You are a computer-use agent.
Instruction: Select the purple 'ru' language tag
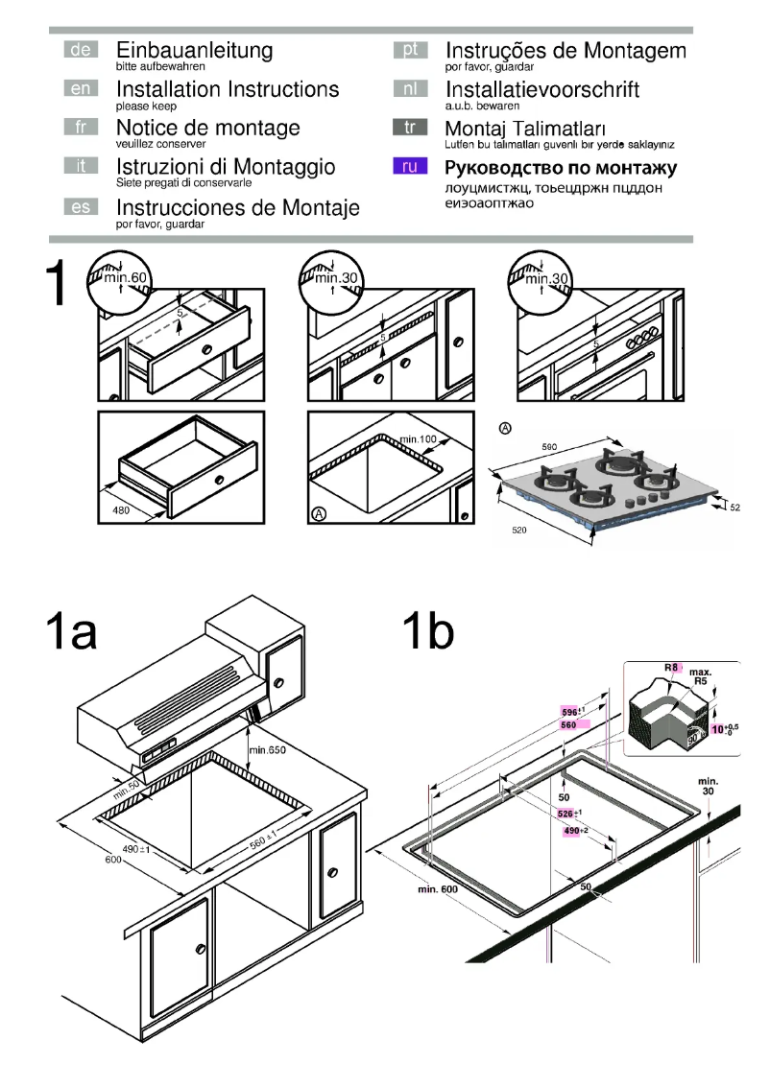click(410, 167)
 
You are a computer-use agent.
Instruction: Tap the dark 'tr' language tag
click(410, 128)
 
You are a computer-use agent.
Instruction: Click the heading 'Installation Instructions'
click(228, 89)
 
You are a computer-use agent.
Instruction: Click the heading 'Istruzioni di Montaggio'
click(226, 167)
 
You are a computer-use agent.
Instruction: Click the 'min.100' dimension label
click(419, 439)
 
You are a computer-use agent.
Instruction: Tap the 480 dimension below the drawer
click(122, 511)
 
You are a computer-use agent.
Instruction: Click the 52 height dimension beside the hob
click(735, 507)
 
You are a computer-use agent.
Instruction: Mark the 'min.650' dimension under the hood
click(268, 748)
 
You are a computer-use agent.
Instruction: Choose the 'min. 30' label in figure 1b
click(709, 786)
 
